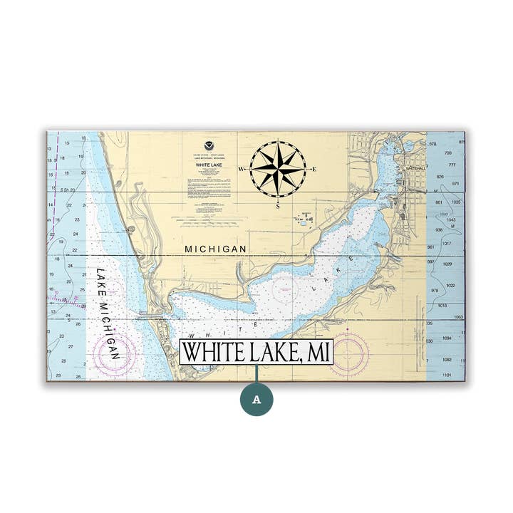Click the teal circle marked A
[256, 399]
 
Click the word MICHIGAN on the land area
[216, 249]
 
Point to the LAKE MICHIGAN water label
[108, 313]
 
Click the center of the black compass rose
[278, 169]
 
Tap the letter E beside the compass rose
[313, 169]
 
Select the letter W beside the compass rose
[242, 170]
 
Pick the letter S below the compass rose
[278, 205]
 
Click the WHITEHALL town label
[415, 169]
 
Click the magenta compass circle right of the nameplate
[349, 352]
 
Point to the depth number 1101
[447, 375]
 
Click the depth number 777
[452, 165]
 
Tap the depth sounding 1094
[447, 338]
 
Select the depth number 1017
[447, 243]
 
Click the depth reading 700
[448, 152]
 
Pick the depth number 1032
[450, 285]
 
